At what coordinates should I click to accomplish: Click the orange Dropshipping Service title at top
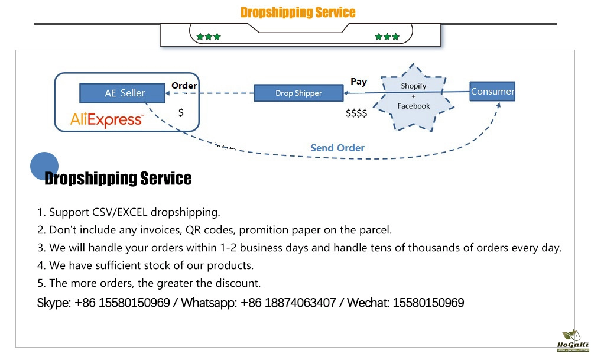(298, 12)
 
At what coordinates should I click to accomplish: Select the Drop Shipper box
(298, 93)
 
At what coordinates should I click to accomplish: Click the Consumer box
(492, 91)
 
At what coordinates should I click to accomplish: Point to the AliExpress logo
(106, 119)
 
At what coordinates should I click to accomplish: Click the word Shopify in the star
(414, 86)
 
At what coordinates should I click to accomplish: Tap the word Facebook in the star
(414, 106)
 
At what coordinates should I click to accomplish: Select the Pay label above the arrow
(359, 82)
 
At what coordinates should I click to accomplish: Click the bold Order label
(184, 86)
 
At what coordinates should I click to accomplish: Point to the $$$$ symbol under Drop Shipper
(356, 113)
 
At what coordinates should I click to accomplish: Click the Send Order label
(337, 148)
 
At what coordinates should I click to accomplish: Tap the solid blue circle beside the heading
(44, 166)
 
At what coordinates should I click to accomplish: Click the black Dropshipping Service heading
(118, 179)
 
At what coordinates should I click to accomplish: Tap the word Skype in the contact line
(53, 303)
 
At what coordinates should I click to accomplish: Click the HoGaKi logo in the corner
(572, 342)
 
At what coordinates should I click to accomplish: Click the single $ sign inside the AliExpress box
(181, 112)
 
